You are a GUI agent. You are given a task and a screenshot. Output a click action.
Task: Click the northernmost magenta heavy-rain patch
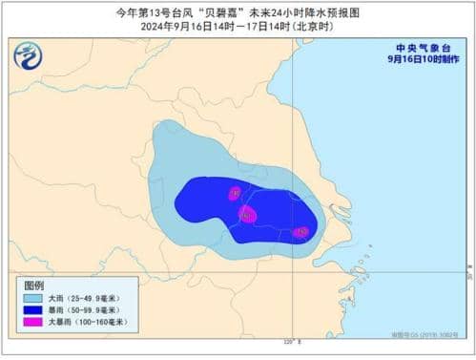pos(234,194)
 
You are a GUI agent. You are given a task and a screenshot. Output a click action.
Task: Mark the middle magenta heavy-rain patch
pos(247,214)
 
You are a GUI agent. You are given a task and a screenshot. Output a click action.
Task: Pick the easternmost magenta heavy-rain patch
pos(301,232)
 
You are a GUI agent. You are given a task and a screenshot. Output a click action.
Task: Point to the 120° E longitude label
pos(292,341)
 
